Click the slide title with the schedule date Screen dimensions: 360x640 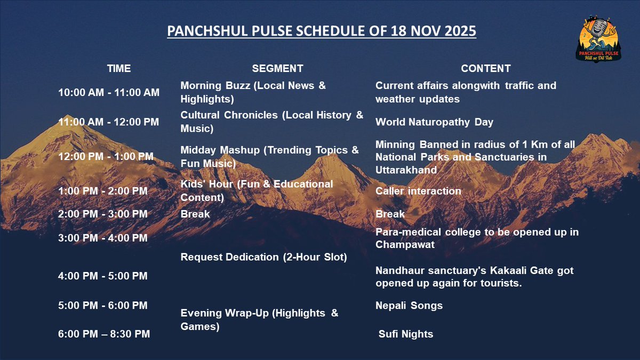coord(322,31)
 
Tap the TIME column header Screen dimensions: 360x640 coord(118,68)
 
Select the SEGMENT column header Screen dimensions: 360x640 coord(277,68)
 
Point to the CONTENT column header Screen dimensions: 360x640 coord(485,68)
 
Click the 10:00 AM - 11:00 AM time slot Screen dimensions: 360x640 coord(109,92)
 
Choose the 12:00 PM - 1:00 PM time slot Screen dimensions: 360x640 coord(106,157)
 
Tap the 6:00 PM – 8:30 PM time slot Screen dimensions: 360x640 coord(104,334)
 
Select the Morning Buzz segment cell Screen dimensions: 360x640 coord(253,92)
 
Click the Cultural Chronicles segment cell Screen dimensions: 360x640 coord(271,122)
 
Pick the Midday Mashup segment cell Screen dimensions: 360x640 coord(269,157)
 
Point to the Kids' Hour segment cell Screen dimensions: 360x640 coord(257,190)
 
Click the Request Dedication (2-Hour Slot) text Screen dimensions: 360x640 coord(264,257)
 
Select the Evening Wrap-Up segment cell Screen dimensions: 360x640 coord(259,319)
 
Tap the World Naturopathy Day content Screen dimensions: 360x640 coord(434,122)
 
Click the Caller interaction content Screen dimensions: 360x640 coord(418,191)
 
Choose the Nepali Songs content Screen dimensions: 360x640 coord(409,306)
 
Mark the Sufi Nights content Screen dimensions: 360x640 coord(405,334)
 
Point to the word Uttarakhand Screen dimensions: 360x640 coord(406,170)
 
